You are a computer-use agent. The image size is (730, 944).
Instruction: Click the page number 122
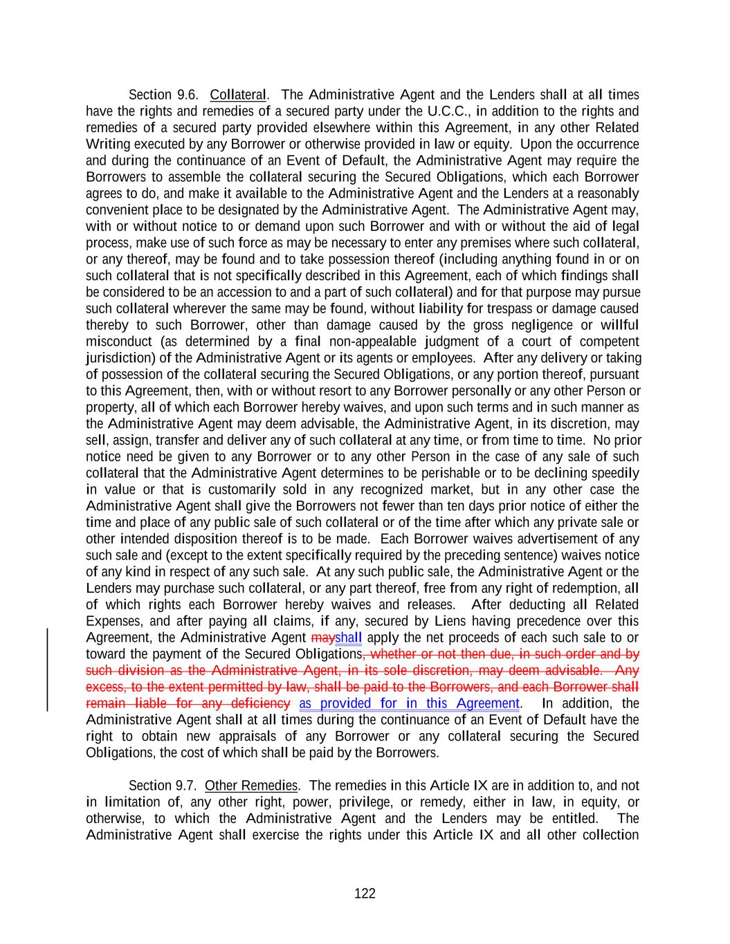tap(365, 894)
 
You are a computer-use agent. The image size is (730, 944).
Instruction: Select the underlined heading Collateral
tap(238, 95)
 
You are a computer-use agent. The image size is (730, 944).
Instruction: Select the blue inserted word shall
tap(349, 638)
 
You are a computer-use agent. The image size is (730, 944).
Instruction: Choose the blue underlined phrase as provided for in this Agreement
tap(409, 703)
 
